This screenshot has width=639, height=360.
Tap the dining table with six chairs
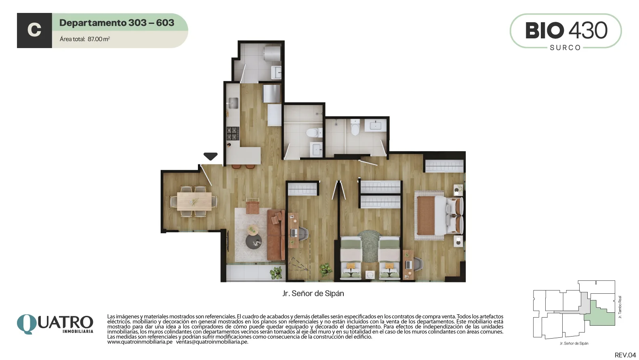tap(194, 201)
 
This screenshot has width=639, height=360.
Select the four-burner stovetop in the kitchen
tap(233, 133)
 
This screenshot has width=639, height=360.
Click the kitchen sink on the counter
tap(233, 103)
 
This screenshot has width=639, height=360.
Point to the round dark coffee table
tap(254, 242)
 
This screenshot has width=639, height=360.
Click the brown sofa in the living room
tap(276, 235)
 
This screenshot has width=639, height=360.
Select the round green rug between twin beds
tap(370, 246)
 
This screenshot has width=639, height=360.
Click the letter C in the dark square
tap(34, 30)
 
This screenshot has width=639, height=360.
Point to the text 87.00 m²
tap(99, 39)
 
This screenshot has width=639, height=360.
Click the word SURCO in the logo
tap(565, 48)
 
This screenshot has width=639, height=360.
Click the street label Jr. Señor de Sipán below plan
tap(313, 293)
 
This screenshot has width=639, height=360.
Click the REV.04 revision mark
tap(625, 355)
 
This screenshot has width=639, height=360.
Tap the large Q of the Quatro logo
tap(27, 324)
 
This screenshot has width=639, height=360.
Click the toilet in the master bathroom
tap(355, 127)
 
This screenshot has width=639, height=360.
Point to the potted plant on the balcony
tap(276, 273)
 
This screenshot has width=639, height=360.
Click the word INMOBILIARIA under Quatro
tap(78, 331)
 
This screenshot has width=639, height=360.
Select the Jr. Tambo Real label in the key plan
tap(620, 307)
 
